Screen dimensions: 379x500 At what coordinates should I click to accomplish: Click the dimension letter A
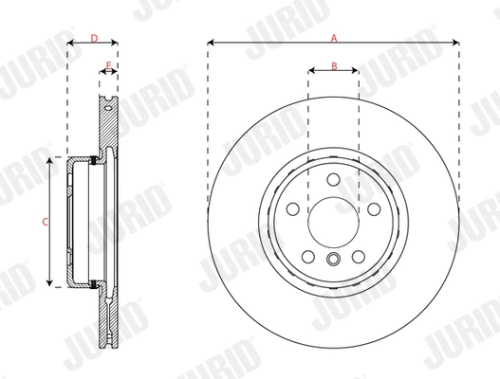(x=333, y=37)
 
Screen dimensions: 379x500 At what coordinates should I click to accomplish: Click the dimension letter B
(x=334, y=64)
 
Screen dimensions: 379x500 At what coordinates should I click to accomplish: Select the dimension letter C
(x=45, y=222)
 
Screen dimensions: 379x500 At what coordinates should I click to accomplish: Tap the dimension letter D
(x=93, y=37)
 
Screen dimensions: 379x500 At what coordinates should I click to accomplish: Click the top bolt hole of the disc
(x=333, y=180)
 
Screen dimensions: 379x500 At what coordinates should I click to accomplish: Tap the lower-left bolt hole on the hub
(x=308, y=257)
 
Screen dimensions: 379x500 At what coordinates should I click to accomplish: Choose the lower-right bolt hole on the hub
(x=359, y=257)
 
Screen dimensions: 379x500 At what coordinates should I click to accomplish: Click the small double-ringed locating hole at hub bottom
(x=333, y=262)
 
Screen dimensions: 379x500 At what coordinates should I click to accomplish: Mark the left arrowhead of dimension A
(x=211, y=44)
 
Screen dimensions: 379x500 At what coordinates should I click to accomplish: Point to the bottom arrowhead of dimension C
(x=51, y=283)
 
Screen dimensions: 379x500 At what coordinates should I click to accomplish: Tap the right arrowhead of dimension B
(x=356, y=71)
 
